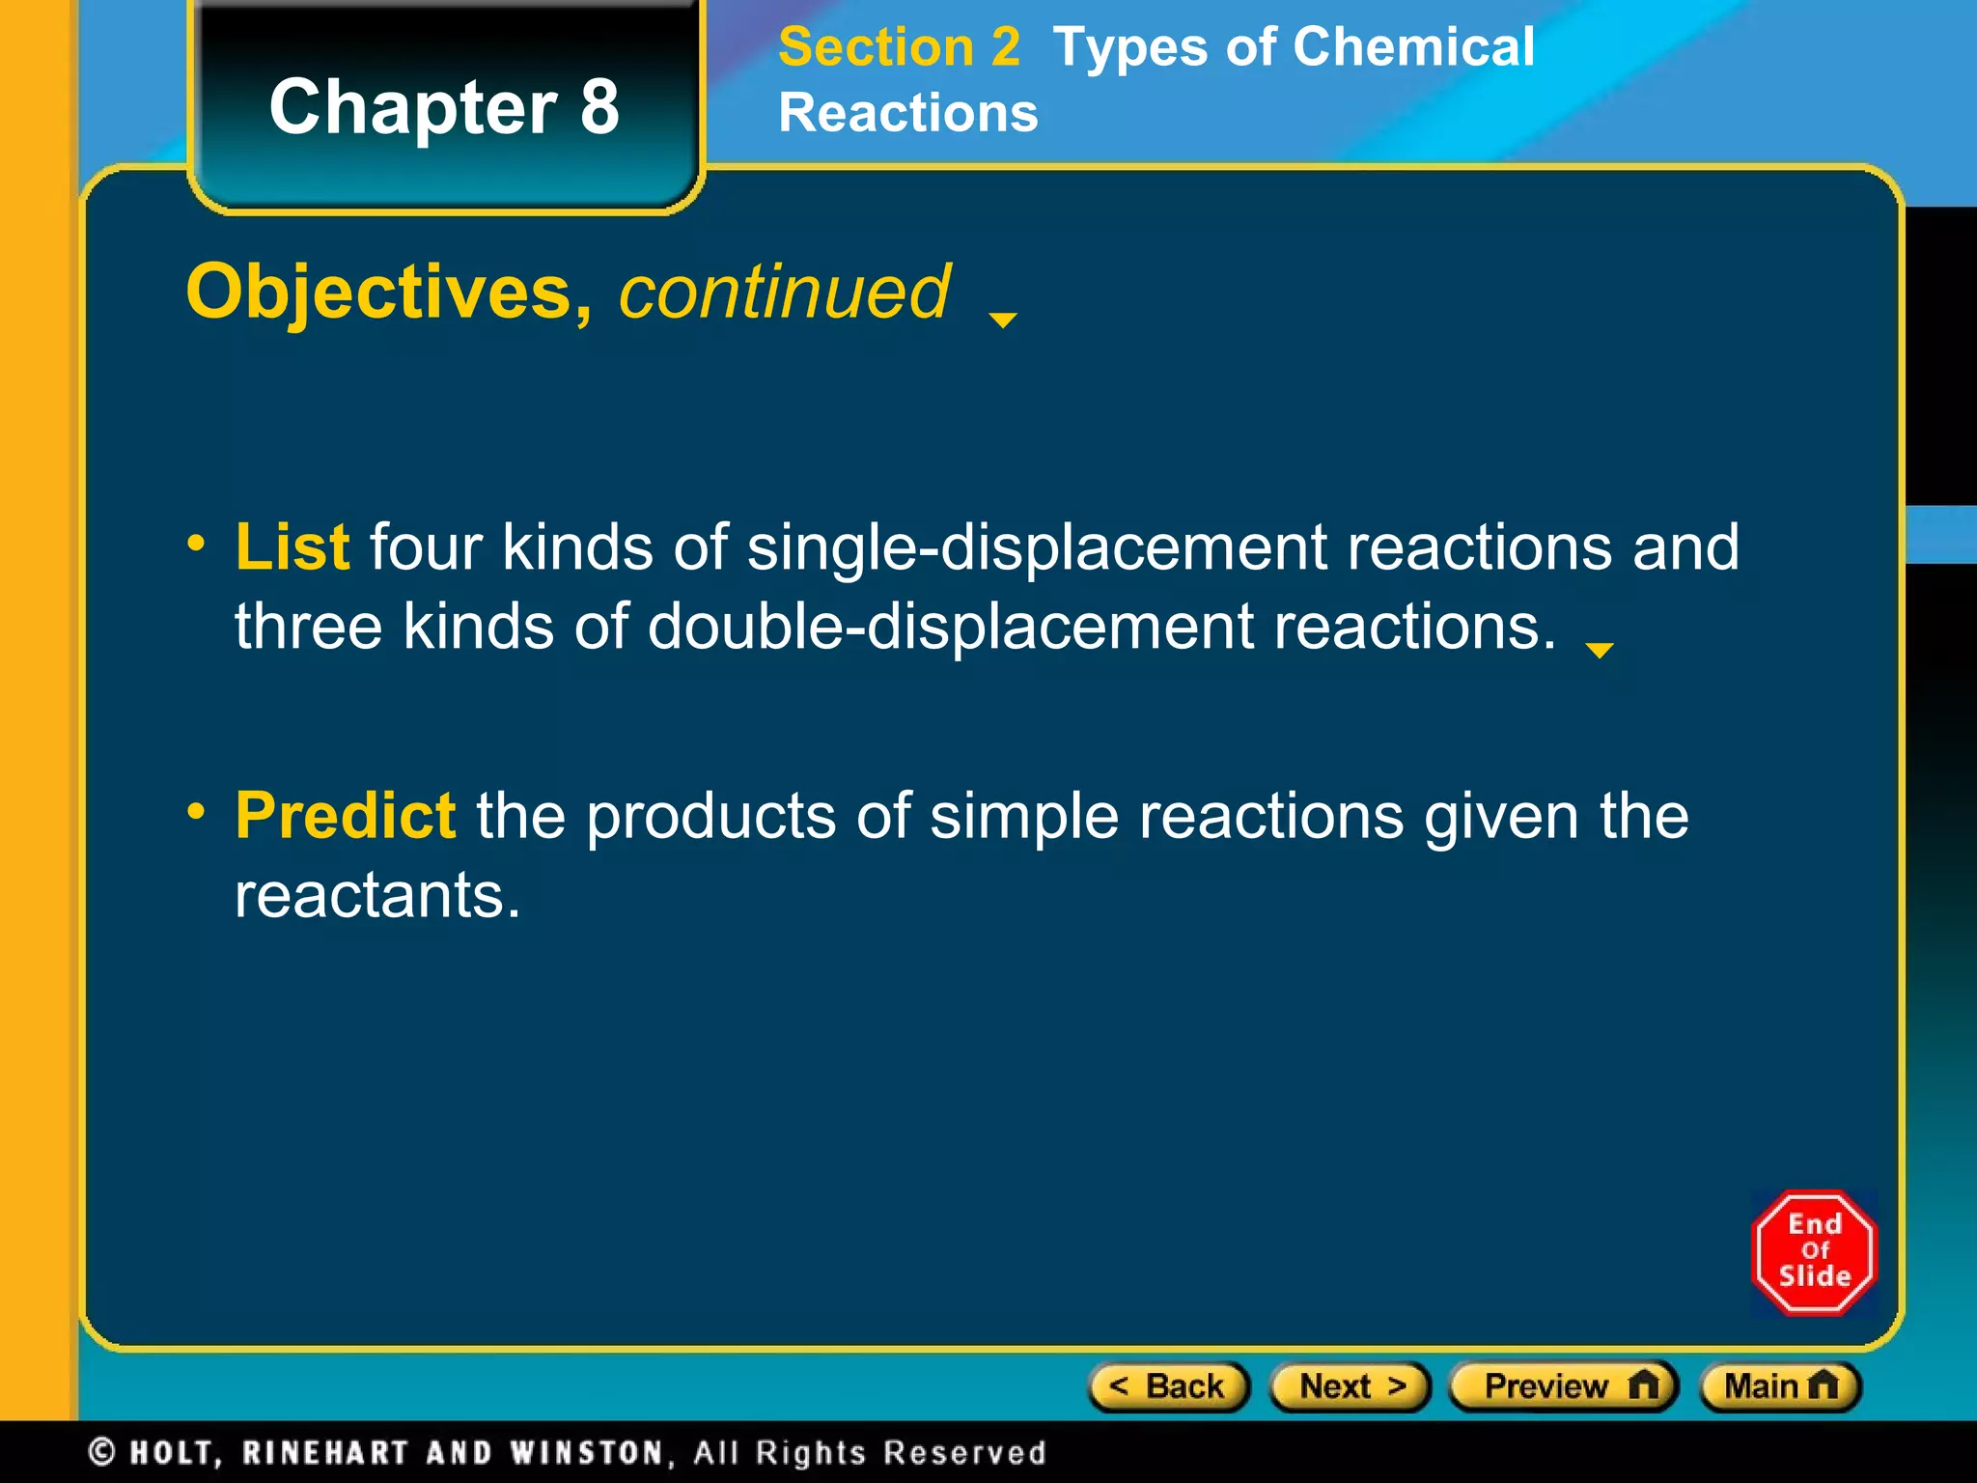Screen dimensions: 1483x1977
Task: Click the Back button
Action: pos(1169,1386)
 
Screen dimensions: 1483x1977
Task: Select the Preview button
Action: pos(1564,1386)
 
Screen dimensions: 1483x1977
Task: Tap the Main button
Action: pos(1780,1386)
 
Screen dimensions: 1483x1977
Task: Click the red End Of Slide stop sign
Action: pos(1814,1251)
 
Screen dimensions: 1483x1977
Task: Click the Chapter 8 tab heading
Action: pos(444,106)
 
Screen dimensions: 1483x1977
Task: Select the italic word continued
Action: pos(785,292)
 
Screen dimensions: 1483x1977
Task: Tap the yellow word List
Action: pos(292,547)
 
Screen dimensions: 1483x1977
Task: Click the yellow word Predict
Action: pos(345,816)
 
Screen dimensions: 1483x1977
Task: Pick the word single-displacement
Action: pos(1037,547)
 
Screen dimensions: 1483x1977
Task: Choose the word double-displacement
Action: pos(950,627)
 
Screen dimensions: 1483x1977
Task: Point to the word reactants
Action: pos(377,895)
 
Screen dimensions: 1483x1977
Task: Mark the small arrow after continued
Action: pos(1003,320)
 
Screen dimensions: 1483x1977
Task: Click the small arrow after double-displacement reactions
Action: pos(1600,651)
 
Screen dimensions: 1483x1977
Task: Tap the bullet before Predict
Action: pos(197,811)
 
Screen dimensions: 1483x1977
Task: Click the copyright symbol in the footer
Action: pos(102,1452)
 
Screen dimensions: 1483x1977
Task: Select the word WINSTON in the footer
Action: pos(587,1452)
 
